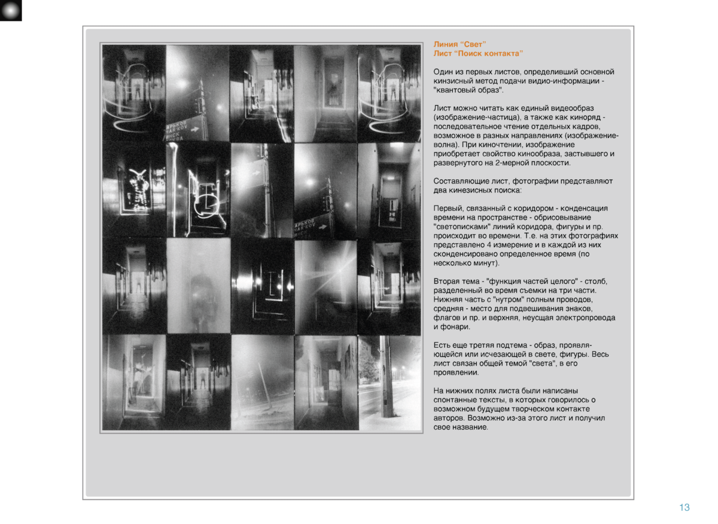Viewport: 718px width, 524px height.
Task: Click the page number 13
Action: click(x=684, y=508)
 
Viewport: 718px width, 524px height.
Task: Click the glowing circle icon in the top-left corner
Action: click(x=11, y=10)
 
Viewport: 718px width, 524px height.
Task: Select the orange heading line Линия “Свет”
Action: click(x=460, y=44)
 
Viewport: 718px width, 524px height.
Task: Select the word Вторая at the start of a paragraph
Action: click(x=446, y=281)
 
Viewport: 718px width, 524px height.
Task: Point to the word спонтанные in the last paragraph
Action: click(x=453, y=400)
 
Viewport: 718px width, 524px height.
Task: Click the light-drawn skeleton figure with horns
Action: click(x=138, y=189)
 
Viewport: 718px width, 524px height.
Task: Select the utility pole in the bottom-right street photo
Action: click(x=387, y=376)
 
